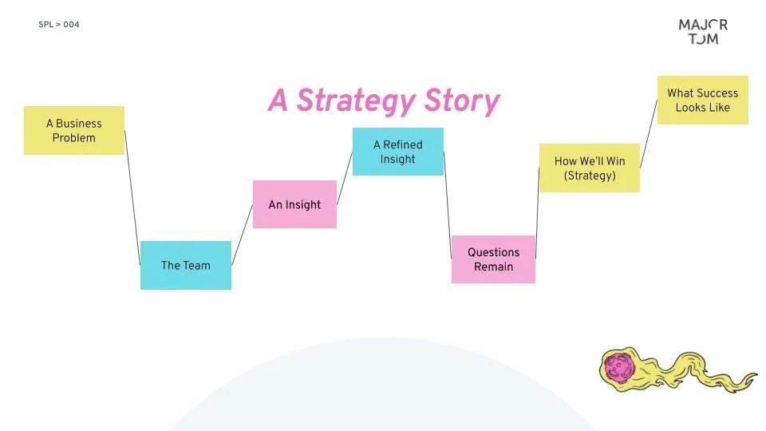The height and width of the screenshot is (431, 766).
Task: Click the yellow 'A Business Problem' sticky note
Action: (x=74, y=130)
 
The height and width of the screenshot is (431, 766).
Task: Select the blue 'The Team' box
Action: (x=186, y=265)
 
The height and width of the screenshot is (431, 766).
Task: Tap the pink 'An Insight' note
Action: (x=294, y=204)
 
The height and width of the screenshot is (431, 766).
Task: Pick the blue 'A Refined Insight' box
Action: (x=397, y=152)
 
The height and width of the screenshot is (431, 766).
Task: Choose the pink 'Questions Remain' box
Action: (x=493, y=259)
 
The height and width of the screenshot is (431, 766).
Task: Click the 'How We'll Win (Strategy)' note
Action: (x=590, y=168)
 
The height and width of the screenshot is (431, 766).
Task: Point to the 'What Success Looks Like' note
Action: (x=702, y=100)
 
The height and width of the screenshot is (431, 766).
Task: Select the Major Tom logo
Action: (x=703, y=31)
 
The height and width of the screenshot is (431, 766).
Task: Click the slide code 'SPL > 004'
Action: (x=59, y=25)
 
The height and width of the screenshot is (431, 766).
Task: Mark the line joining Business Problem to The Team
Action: (x=132, y=198)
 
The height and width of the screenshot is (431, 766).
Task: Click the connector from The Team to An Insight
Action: (x=242, y=235)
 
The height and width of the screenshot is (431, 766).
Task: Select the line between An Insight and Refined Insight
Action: (x=345, y=177)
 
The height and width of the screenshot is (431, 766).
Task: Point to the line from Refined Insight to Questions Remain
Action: (x=448, y=204)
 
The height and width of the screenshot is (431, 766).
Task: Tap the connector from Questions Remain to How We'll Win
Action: (x=537, y=213)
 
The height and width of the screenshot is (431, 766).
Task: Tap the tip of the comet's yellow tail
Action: (x=753, y=374)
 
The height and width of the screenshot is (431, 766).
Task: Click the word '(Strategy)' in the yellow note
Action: (x=590, y=176)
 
